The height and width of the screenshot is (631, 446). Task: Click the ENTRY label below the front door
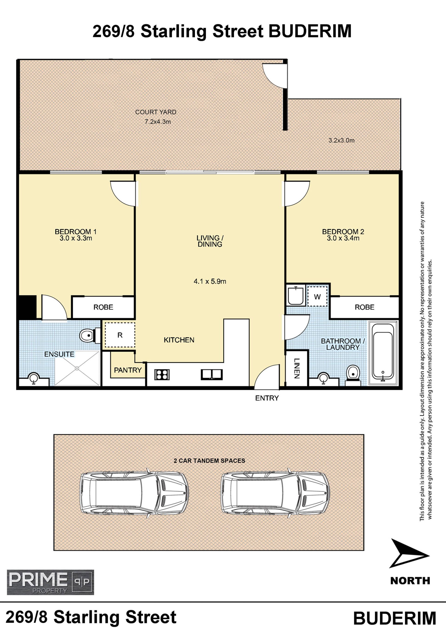click(267, 398)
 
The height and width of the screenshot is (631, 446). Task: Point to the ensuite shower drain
click(77, 368)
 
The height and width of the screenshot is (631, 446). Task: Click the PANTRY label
click(128, 370)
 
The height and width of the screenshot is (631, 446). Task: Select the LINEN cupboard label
click(297, 369)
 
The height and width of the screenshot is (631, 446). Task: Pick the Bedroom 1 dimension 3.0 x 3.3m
click(76, 238)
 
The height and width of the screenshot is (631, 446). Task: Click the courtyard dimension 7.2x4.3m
click(158, 122)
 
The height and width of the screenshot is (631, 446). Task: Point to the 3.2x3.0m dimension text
click(341, 140)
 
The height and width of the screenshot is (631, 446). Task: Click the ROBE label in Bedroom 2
click(364, 307)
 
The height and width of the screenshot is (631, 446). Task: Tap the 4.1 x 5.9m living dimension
click(210, 281)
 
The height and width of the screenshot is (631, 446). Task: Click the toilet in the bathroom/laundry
click(353, 375)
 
